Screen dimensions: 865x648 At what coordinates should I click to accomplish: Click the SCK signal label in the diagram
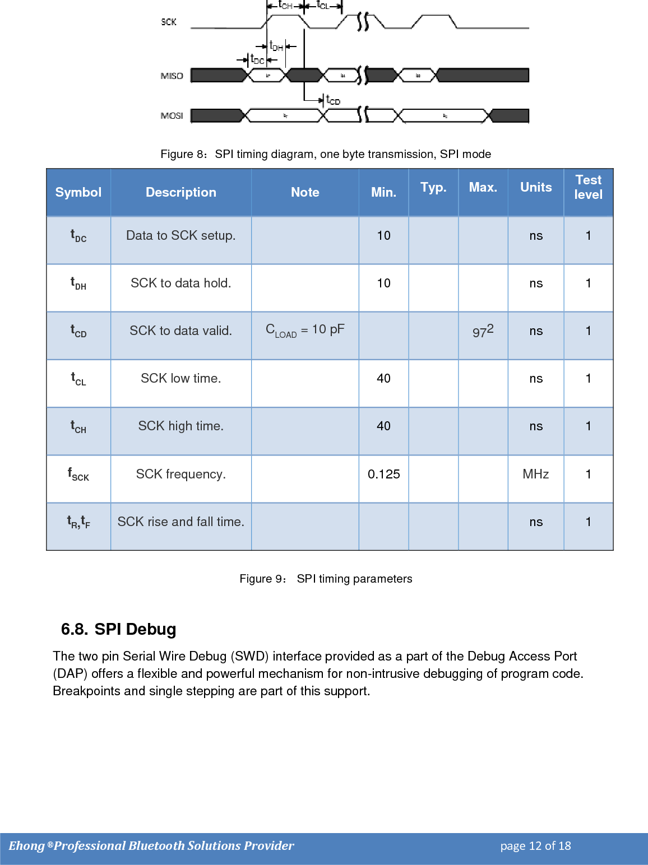pyautogui.click(x=169, y=22)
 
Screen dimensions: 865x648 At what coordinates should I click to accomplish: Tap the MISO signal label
pyautogui.click(x=172, y=76)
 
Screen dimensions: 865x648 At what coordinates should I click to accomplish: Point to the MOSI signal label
pyautogui.click(x=172, y=115)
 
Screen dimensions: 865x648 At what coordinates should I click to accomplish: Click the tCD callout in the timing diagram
pyautogui.click(x=333, y=100)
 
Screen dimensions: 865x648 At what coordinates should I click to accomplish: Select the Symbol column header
pyautogui.click(x=78, y=192)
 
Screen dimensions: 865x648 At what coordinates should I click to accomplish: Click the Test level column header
pyautogui.click(x=588, y=187)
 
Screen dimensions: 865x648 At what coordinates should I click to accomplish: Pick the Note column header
pyautogui.click(x=305, y=192)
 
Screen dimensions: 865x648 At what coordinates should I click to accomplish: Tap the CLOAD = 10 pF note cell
pyautogui.click(x=305, y=330)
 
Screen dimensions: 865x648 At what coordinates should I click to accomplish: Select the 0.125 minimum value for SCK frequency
pyautogui.click(x=384, y=474)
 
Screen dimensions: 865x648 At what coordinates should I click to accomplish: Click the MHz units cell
pyautogui.click(x=536, y=474)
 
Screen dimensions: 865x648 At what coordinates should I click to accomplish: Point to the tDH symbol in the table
pyautogui.click(x=78, y=283)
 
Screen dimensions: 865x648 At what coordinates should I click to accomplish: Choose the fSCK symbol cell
pyautogui.click(x=78, y=475)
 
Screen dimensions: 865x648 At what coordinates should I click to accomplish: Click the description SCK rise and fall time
pyautogui.click(x=180, y=522)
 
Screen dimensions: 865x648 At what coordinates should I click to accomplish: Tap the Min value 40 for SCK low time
pyautogui.click(x=384, y=378)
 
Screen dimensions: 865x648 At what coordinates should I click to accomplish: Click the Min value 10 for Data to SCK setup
pyautogui.click(x=384, y=235)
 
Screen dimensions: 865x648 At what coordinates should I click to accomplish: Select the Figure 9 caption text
pyautogui.click(x=326, y=579)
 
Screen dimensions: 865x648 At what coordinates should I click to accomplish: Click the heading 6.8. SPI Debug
pyautogui.click(x=119, y=629)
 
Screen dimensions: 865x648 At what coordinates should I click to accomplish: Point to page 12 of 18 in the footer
pyautogui.click(x=535, y=846)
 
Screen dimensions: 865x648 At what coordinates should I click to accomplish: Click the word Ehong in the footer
pyautogui.click(x=26, y=846)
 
